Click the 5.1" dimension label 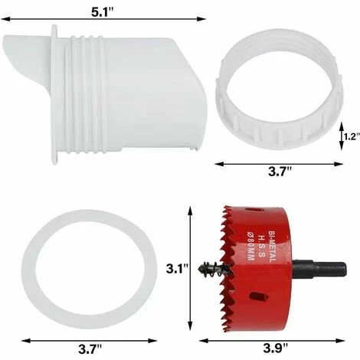coord(103,12)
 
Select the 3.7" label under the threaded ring coord(280,172)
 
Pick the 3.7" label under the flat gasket coord(90,349)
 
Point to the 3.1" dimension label coord(177,269)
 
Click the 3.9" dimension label coord(275,349)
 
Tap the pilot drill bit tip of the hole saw coord(200,268)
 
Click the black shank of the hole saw coord(319,270)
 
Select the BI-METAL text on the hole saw coord(272,247)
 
